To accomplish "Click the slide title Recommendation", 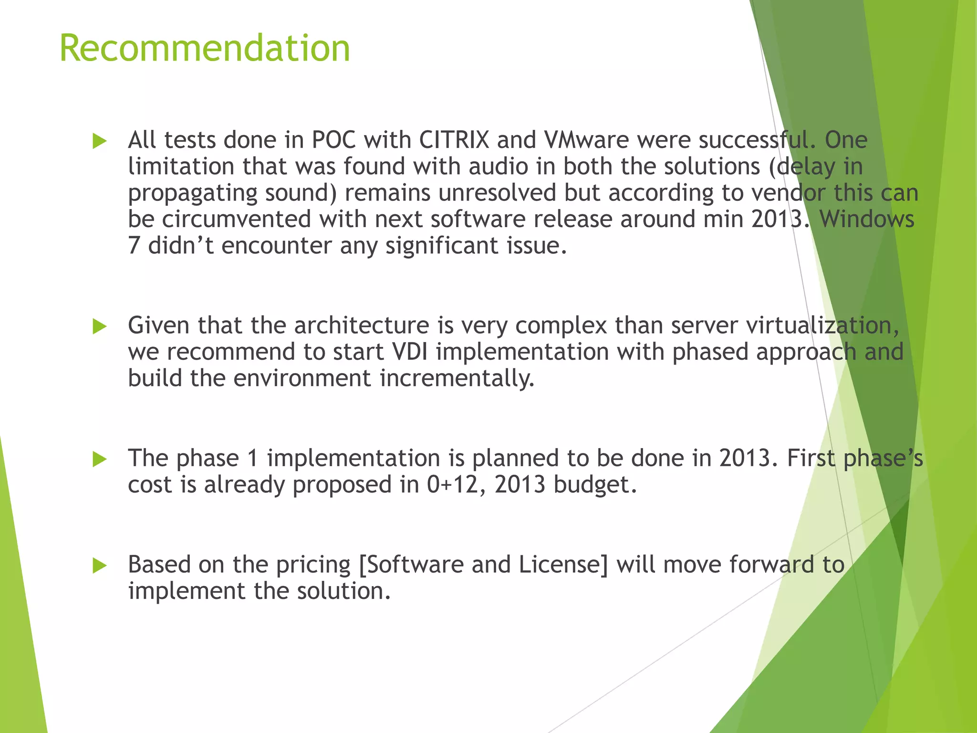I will [205, 48].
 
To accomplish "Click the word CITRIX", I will [454, 140].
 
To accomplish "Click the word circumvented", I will [237, 220].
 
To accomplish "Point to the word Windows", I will [866, 220].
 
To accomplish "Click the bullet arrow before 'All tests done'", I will [99, 141].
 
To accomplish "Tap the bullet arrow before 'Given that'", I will [99, 327].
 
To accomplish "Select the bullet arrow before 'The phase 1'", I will [99, 460].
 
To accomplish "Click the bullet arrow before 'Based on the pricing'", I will [99, 566].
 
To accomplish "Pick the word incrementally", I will [457, 378].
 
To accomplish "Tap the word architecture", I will [362, 325].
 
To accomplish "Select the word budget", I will [595, 485].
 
